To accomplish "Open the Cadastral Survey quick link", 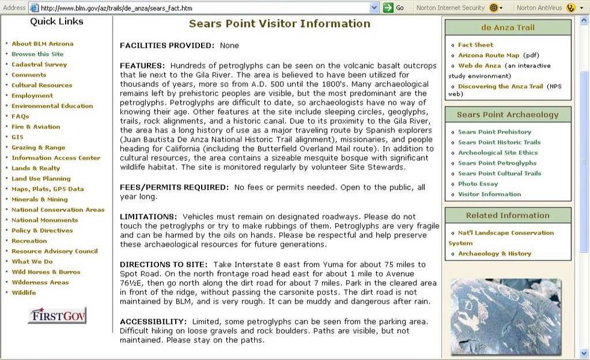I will click(39, 64).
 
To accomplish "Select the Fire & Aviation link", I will click(36, 127).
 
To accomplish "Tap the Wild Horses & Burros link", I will click(46, 272).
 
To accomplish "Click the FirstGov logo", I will click(57, 315).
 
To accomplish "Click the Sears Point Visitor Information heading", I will click(279, 24).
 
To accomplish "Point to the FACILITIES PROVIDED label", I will click(167, 46).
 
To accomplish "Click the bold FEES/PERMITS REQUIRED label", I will click(175, 187).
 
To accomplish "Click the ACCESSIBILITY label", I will click(154, 321).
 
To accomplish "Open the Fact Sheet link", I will click(475, 45).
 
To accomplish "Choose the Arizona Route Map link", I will click(488, 55).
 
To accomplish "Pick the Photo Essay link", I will click(478, 184).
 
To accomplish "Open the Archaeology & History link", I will click(494, 253).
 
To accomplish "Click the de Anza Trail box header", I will click(508, 28).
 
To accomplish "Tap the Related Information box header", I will click(508, 216).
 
